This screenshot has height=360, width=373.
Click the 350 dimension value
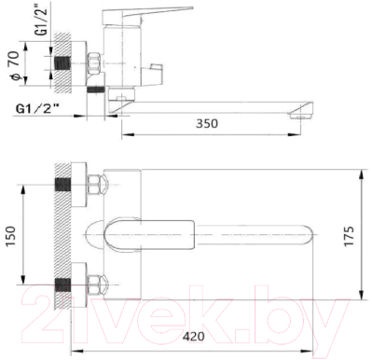click(207, 123)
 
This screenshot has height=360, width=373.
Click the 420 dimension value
click(193, 336)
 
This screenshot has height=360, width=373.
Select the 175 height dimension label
click(350, 237)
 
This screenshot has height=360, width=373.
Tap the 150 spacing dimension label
click(11, 237)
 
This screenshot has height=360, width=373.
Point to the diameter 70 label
click(15, 66)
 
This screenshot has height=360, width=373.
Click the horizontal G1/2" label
click(37, 109)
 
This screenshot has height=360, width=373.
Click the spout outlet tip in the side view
click(301, 117)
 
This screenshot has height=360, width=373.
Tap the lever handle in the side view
click(146, 15)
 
